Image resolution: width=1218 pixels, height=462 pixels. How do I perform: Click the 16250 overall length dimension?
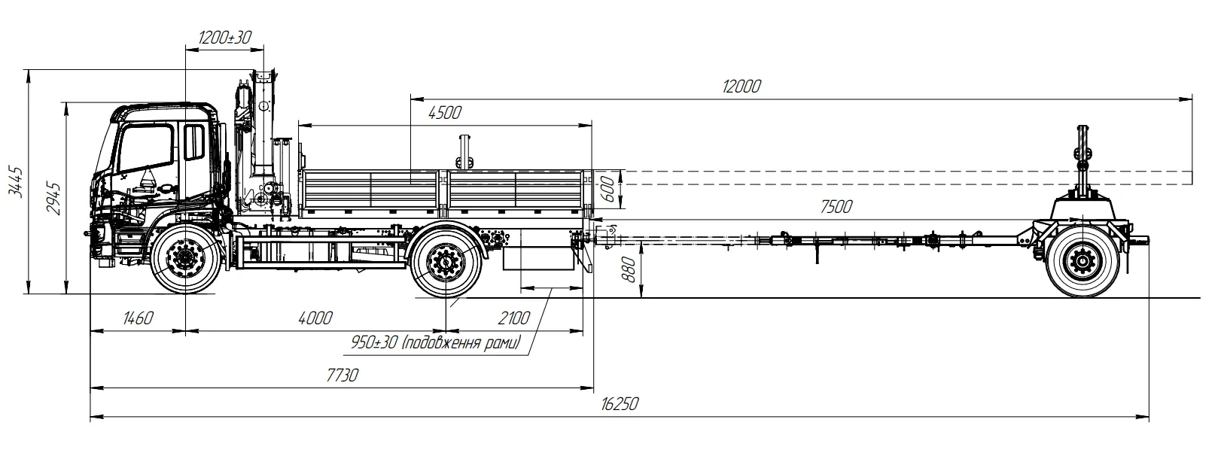620,404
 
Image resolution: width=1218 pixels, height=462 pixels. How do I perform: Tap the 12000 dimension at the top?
741,86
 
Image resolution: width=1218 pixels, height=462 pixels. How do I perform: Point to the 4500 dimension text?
444,113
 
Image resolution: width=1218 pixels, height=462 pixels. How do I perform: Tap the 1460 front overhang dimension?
137,318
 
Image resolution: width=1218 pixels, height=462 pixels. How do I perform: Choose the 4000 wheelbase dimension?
315,318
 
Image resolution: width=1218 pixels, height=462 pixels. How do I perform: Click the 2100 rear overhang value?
513,318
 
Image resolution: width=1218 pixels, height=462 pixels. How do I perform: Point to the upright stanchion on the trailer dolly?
1083,158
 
